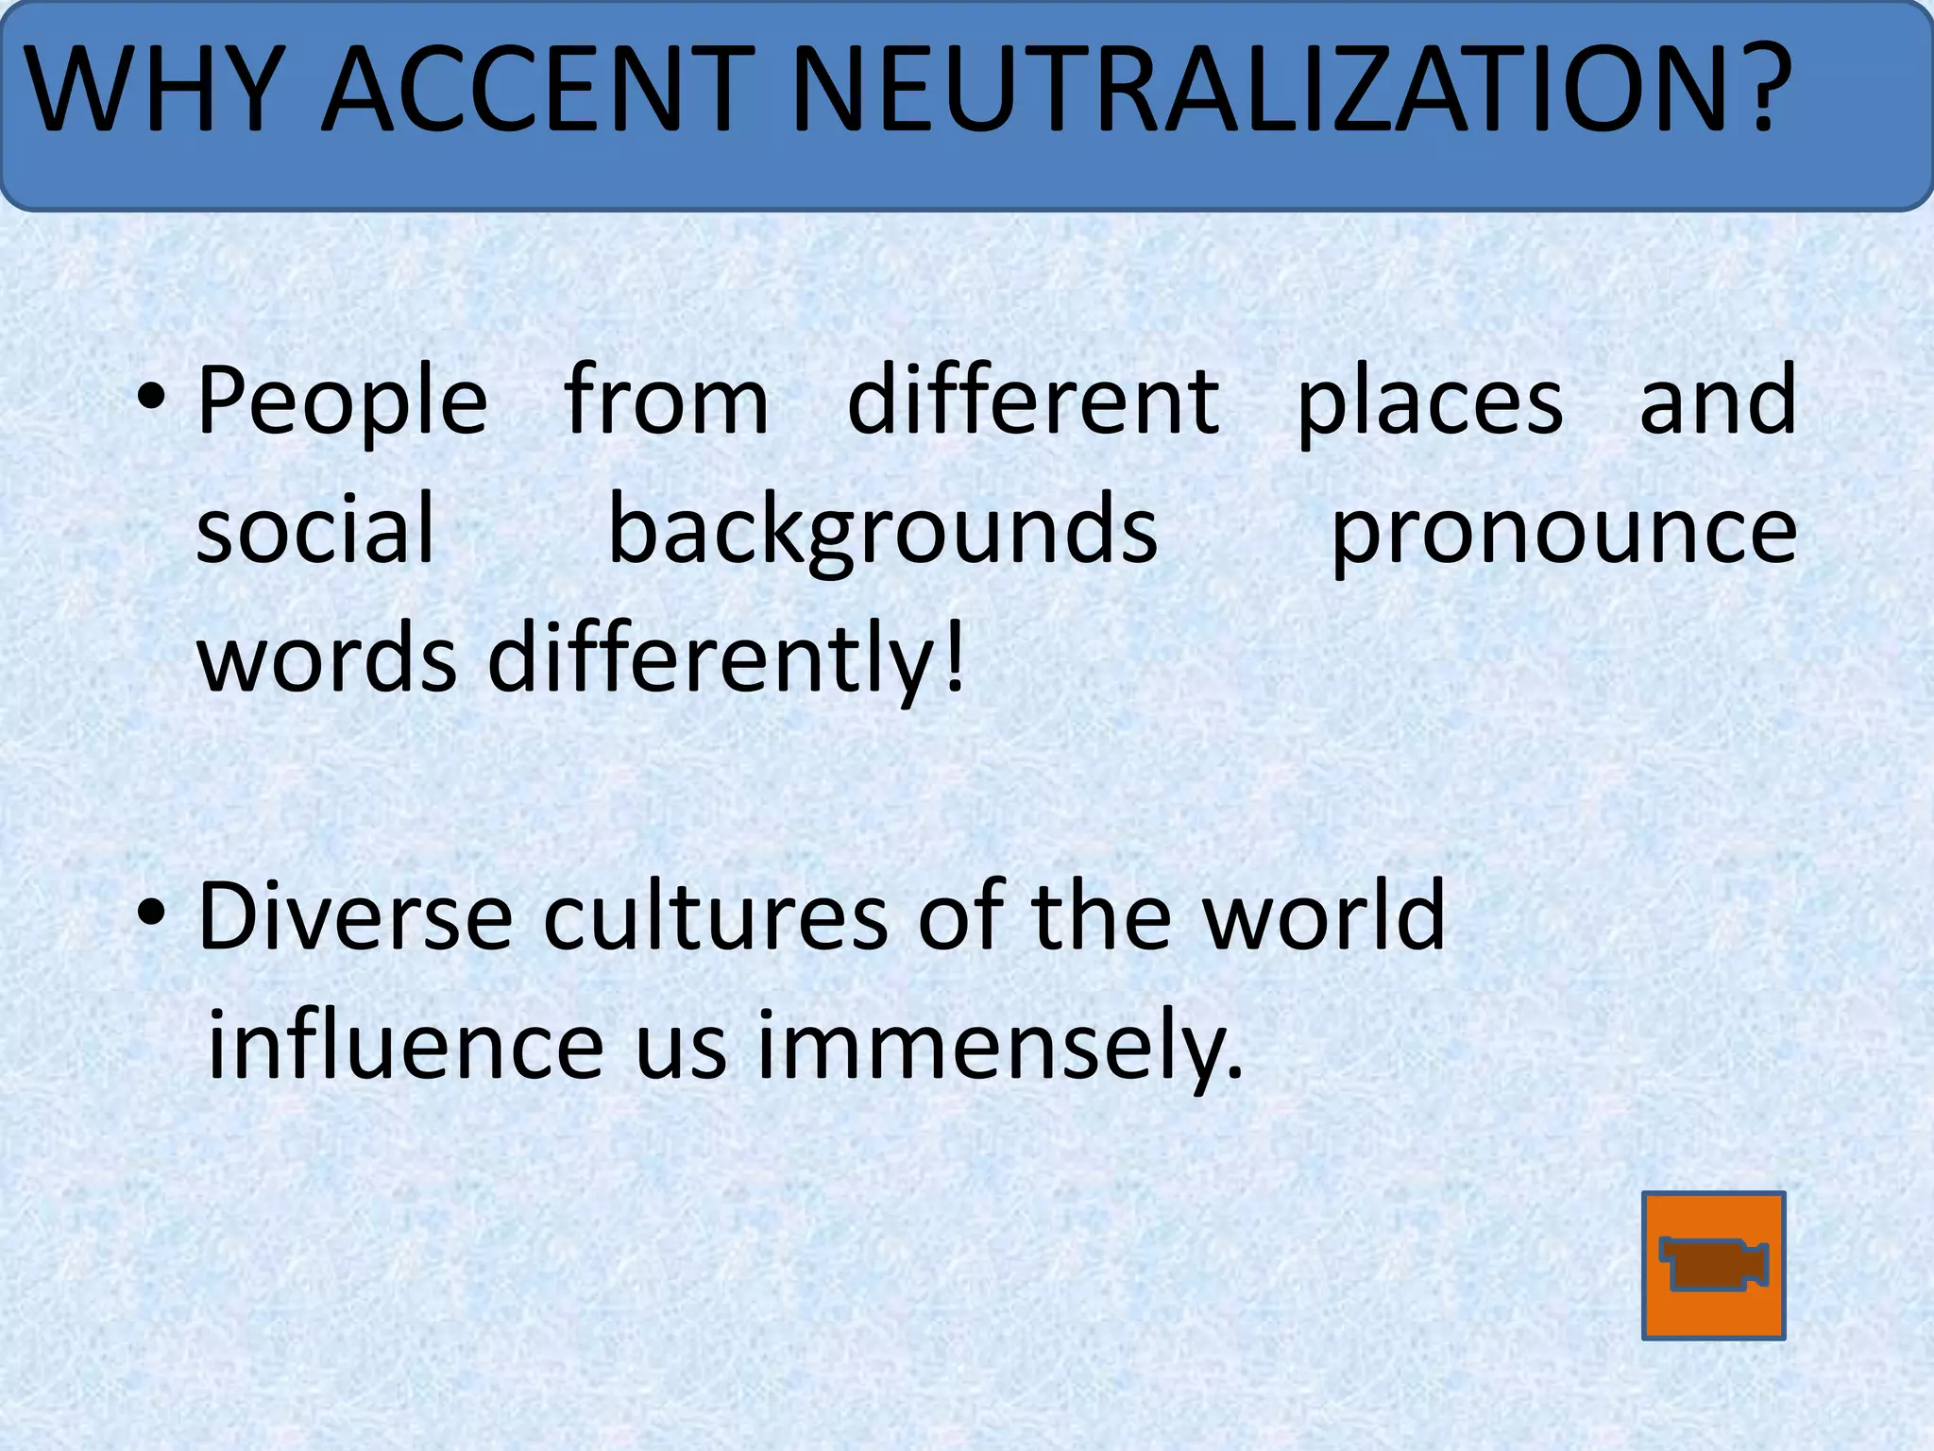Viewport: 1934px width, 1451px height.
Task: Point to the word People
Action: (x=342, y=401)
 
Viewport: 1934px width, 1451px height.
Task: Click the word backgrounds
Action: (x=882, y=531)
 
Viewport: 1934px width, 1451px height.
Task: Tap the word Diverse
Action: (x=355, y=915)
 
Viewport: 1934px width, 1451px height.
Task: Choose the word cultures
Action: (x=715, y=915)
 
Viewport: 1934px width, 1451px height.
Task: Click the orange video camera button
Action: (x=1713, y=1265)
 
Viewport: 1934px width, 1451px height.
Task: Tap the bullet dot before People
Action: (x=151, y=401)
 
